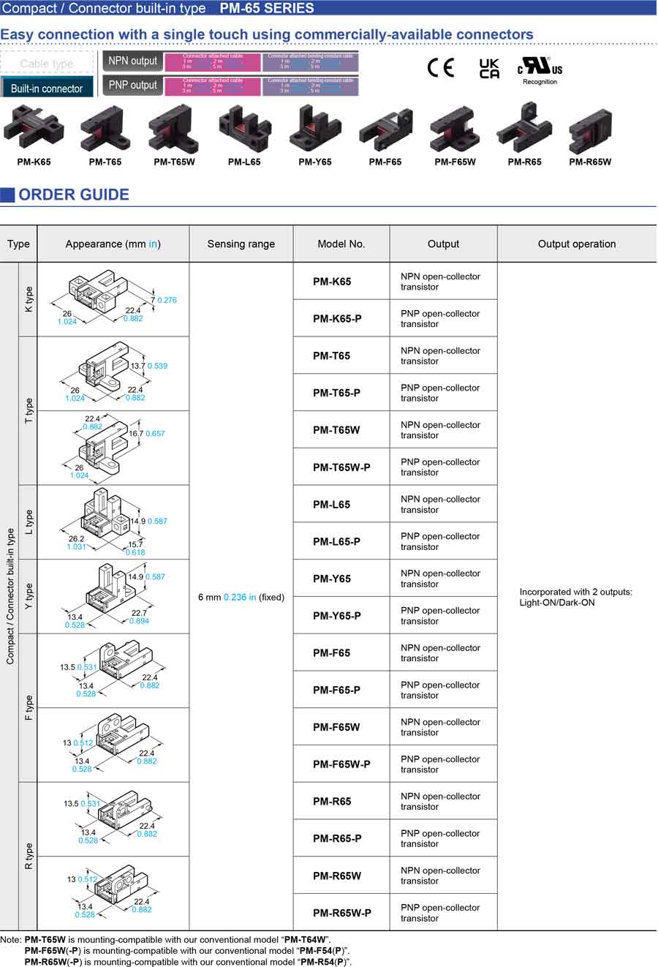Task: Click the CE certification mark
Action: pos(440,68)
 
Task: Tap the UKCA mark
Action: pos(489,69)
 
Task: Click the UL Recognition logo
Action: pos(540,69)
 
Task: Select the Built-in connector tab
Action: pos(47,88)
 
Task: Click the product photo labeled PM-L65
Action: pos(244,129)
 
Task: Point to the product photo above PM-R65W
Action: pos(589,130)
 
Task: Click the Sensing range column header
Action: pos(241,244)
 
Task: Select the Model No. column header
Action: pos(341,244)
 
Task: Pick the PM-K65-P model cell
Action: pos(337,319)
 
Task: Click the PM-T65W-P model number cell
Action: pos(341,467)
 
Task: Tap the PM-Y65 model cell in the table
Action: pos(332,579)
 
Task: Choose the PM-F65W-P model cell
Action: pos(341,764)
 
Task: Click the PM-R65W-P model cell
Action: pos(342,913)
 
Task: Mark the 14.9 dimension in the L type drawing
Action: pos(137,522)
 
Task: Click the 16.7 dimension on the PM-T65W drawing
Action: pos(136,434)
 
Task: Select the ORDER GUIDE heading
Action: pos(74,195)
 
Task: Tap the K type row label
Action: pos(29,299)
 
